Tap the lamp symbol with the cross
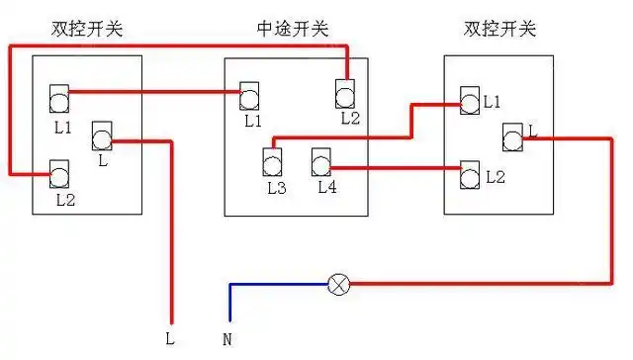coord(339,285)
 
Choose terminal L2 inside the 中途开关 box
coord(345,94)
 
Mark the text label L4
coord(327,185)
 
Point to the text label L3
coord(276,185)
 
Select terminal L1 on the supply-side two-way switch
coord(60,98)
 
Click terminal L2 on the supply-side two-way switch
coord(60,174)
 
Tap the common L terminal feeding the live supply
coord(102,135)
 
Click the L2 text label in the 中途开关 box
coord(350,118)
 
